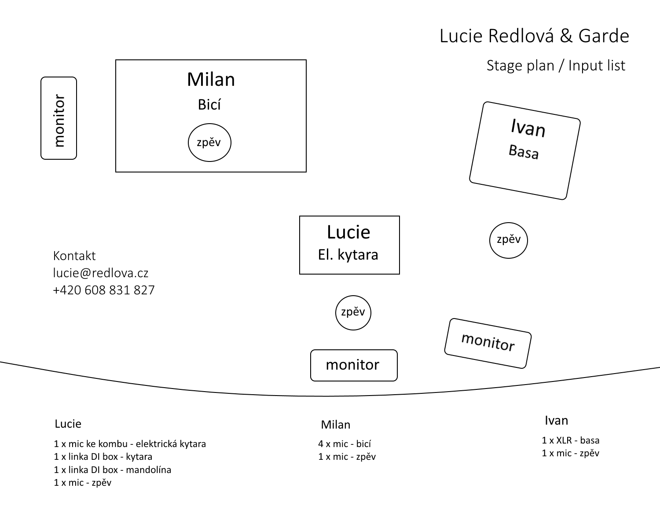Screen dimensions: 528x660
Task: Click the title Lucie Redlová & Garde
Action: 534,36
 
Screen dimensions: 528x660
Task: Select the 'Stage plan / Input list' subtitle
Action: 556,66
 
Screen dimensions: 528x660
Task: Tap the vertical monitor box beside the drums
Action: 59,118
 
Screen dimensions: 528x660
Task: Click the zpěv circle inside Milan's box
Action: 209,143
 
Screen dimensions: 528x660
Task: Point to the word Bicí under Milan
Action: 209,105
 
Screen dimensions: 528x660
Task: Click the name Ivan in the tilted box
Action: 528,128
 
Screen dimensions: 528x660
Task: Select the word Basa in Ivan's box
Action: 524,152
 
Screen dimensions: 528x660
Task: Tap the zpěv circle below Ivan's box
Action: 508,240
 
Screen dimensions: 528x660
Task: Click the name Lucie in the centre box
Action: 348,232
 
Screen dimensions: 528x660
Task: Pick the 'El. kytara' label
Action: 348,255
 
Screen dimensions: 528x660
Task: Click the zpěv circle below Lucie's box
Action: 353,312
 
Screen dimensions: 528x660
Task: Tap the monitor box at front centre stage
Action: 354,365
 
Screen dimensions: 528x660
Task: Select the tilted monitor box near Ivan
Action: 488,343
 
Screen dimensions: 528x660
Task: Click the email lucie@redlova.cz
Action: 101,273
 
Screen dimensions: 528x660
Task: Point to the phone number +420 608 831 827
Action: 104,290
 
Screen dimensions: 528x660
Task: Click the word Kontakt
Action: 74,256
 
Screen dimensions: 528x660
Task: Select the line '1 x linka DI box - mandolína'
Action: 113,470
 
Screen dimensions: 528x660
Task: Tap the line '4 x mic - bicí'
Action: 345,444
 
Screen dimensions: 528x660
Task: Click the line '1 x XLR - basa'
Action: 571,440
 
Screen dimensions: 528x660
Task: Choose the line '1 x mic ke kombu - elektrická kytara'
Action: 130,444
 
